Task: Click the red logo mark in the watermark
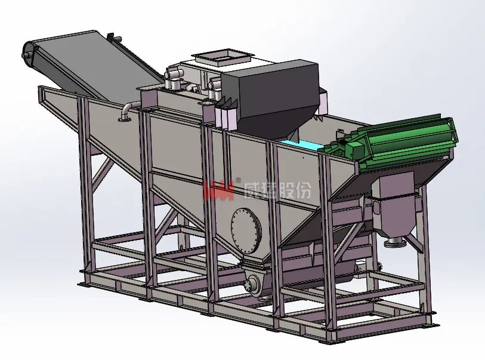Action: click(x=219, y=190)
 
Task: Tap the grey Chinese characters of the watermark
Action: click(x=277, y=189)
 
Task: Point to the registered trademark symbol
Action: click(x=238, y=180)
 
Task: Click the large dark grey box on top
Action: click(x=272, y=96)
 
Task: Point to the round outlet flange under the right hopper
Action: click(x=395, y=242)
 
